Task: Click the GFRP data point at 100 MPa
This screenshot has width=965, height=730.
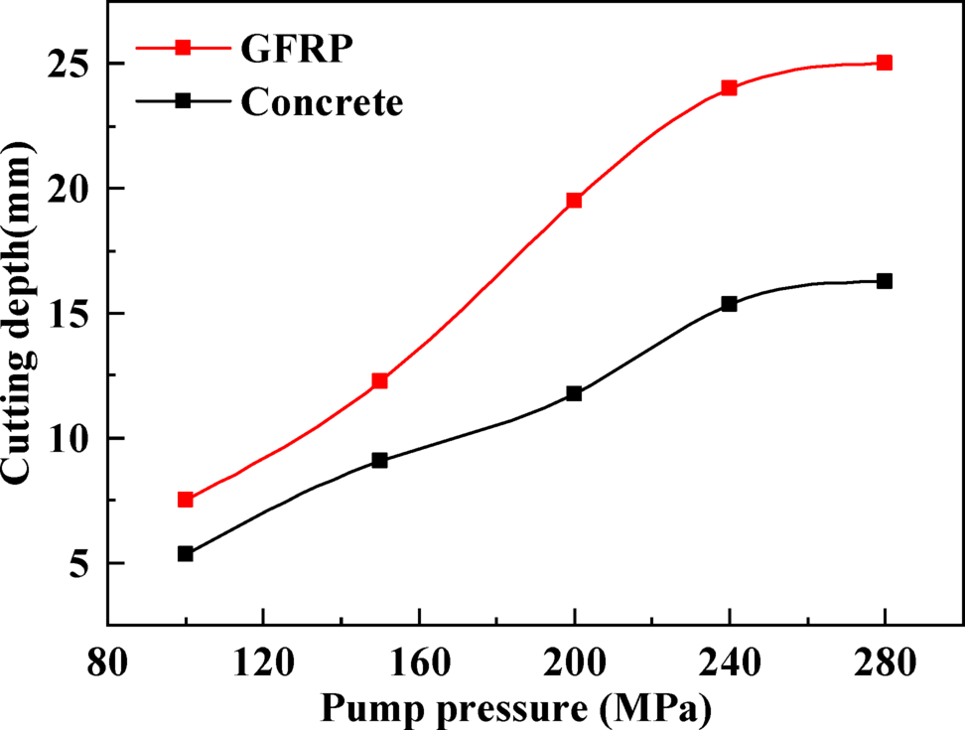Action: coord(185,500)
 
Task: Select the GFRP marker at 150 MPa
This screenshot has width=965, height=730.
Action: coord(379,380)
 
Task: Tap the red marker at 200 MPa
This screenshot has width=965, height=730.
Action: coord(574,201)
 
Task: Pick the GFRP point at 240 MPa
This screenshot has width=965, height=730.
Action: coord(729,87)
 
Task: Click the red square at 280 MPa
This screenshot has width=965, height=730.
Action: coord(885,63)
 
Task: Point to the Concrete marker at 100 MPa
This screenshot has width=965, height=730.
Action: coord(185,553)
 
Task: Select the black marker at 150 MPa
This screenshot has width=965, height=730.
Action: coord(379,460)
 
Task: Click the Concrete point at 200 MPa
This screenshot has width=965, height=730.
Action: coord(574,393)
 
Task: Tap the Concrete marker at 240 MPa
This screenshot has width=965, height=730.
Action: coord(729,304)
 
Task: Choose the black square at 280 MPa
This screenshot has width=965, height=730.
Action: coord(885,281)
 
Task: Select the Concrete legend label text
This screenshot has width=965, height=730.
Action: coord(322,102)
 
